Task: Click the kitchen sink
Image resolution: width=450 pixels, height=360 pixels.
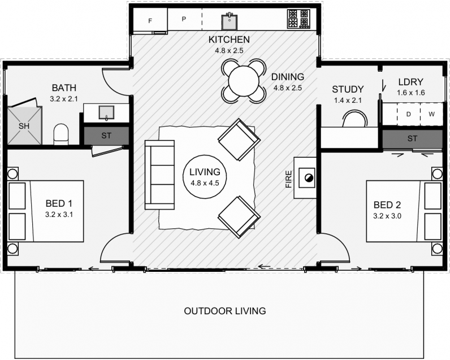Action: (230, 22)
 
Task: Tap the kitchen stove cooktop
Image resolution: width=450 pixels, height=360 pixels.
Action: (298, 19)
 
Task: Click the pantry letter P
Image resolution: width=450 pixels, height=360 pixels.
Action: (184, 19)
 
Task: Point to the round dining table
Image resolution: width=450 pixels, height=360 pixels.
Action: (243, 81)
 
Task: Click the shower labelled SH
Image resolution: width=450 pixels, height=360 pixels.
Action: (24, 125)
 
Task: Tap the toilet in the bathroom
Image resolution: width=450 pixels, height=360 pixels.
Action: (61, 135)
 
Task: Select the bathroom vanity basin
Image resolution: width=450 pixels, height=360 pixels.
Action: (106, 112)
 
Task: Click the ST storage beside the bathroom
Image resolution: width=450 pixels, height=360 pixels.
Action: (106, 136)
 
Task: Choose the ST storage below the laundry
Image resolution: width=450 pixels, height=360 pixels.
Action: (412, 139)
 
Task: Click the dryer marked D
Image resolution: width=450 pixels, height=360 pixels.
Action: (408, 114)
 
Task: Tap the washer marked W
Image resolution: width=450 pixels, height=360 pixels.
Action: (431, 114)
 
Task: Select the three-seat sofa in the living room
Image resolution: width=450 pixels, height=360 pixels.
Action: (159, 175)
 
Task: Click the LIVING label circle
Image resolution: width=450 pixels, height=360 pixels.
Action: (205, 177)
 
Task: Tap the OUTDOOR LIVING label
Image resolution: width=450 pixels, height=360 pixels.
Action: (225, 311)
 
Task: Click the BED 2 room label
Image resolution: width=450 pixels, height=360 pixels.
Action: (387, 205)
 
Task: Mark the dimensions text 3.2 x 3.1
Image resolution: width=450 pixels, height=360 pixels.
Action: (59, 215)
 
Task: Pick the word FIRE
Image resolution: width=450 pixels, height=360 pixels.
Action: (288, 179)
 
